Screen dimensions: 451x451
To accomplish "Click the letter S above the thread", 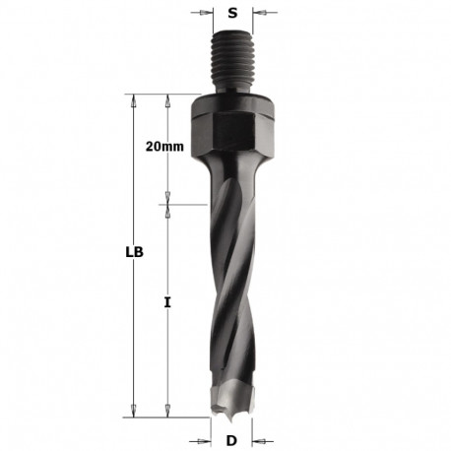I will point(232,14).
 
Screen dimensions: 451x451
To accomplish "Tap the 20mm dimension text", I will point(164,146).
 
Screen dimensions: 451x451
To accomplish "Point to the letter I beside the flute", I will point(168,305).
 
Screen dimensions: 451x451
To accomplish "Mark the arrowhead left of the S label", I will point(207,14).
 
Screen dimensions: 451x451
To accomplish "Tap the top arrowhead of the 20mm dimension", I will point(168,99).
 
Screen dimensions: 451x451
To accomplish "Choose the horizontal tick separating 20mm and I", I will point(168,205).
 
